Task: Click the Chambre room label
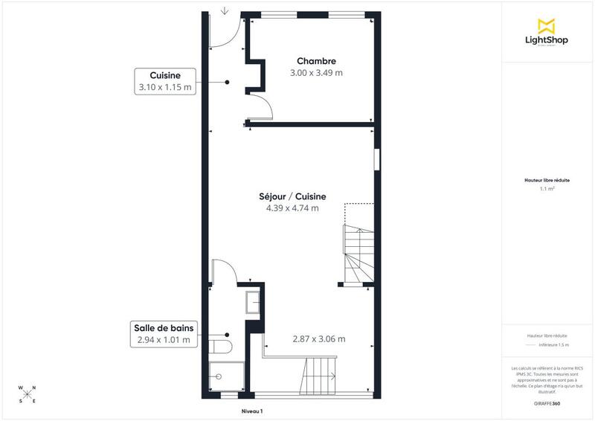coord(316,61)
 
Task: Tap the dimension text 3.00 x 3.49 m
coord(316,73)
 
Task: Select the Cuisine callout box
coord(164,81)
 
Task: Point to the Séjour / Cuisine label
coord(292,196)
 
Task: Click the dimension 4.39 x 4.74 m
coord(292,208)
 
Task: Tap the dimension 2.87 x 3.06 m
coord(309,339)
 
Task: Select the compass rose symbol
coord(27,394)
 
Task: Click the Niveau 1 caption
coord(253,411)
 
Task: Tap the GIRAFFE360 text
coord(547,402)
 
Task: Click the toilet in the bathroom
coord(222,347)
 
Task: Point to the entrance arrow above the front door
coord(225,11)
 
